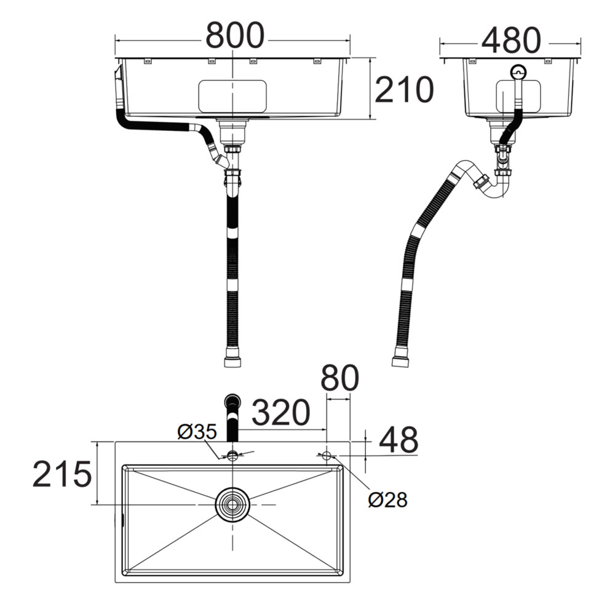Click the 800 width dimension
[x=235, y=35]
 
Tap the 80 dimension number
[x=339, y=378]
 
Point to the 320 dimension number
[x=281, y=413]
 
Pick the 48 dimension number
[x=399, y=440]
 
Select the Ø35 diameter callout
[x=197, y=432]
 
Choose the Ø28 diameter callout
[x=388, y=499]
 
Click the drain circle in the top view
[x=232, y=504]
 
